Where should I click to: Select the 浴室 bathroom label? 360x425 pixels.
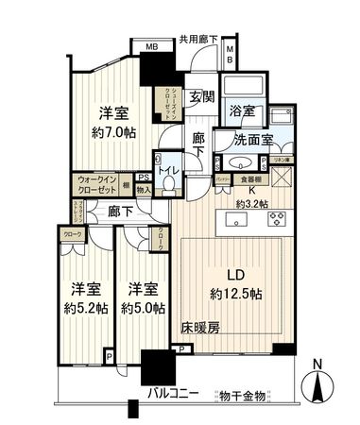(243, 110)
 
